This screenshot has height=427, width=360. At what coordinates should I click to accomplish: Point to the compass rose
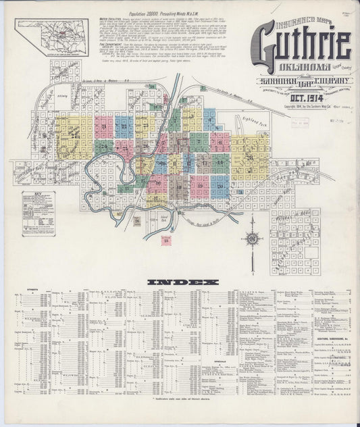click(252, 238)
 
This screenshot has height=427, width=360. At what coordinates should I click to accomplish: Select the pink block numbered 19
click(200, 184)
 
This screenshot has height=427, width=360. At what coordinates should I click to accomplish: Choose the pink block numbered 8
click(220, 142)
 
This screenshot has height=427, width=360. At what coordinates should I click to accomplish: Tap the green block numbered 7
click(200, 142)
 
